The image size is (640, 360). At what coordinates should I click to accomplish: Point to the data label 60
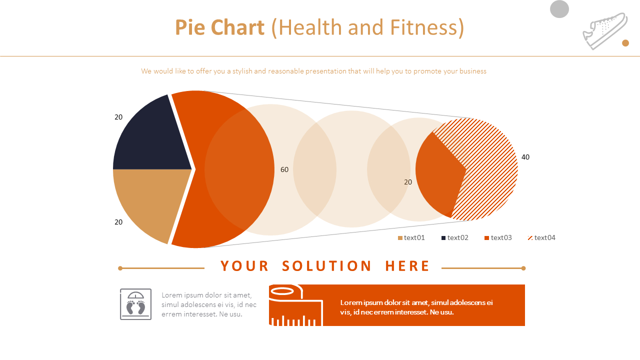(284, 169)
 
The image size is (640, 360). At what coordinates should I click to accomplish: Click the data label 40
(525, 157)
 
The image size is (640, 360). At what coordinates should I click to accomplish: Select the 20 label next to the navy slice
(118, 117)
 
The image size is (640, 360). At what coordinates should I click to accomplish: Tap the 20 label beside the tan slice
(118, 222)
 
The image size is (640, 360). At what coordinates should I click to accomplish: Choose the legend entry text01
(411, 237)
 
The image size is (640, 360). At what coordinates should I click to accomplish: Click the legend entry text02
(454, 237)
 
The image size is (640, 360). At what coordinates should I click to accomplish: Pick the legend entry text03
(498, 237)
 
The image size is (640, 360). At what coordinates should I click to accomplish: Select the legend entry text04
(541, 237)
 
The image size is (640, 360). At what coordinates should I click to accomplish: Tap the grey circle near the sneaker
(559, 9)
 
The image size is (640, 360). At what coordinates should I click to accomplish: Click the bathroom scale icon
(135, 304)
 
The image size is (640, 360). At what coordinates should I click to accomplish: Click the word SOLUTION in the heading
(326, 266)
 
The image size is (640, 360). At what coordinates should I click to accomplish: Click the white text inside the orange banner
(416, 307)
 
